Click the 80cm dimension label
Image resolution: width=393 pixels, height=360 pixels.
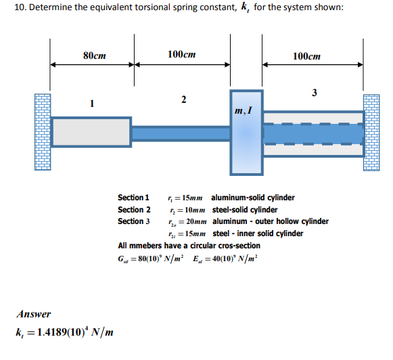click(93, 55)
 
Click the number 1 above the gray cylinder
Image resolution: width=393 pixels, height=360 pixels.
click(93, 103)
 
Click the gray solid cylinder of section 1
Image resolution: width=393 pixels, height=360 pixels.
click(91, 132)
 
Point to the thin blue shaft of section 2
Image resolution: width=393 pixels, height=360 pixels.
click(181, 133)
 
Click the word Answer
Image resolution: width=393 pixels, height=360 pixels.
click(34, 314)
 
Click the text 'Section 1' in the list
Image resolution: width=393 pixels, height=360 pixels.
click(134, 198)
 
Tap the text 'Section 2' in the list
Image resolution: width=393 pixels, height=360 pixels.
click(134, 209)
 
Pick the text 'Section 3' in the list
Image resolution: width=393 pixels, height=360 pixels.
click(134, 221)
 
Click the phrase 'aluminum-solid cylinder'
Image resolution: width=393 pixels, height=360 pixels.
click(253, 198)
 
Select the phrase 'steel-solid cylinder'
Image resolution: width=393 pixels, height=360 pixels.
click(245, 209)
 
